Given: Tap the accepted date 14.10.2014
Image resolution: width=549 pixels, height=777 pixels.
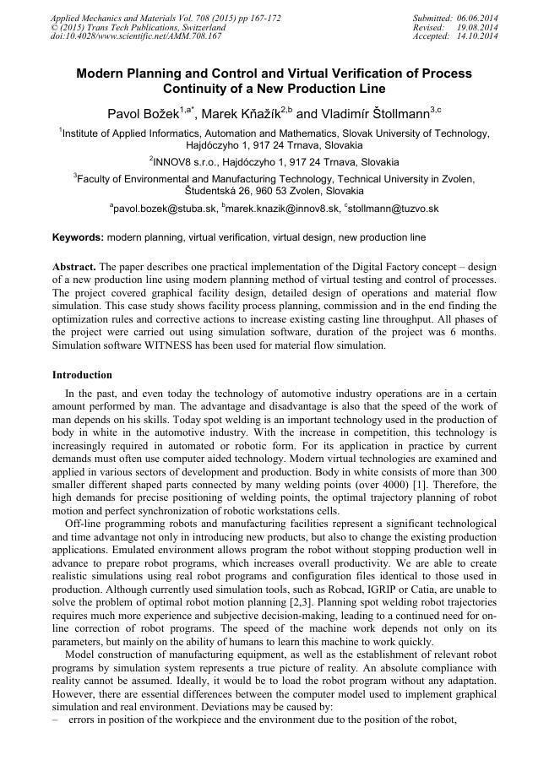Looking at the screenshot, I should pyautogui.click(x=478, y=37).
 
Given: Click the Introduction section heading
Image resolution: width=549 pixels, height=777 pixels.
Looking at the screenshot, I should pyautogui.click(x=82, y=375).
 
